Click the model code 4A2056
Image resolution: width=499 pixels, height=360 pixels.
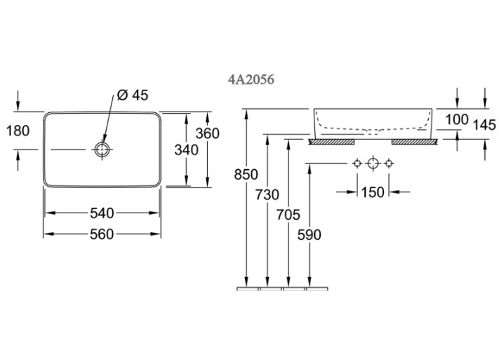click(251, 79)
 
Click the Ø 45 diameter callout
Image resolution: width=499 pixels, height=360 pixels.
click(133, 95)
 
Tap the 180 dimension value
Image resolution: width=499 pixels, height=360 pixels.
click(18, 131)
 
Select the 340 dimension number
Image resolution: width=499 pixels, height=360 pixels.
click(187, 150)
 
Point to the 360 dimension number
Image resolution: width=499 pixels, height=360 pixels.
click(208, 133)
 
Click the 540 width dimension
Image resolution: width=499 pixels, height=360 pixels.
click(102, 213)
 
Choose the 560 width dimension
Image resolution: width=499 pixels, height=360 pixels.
click(102, 234)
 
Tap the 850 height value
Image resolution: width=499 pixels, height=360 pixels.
click(246, 175)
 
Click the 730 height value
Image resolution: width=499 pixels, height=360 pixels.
click(267, 194)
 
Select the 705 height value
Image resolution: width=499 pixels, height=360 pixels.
click(288, 215)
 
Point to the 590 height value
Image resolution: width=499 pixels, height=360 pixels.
click(310, 235)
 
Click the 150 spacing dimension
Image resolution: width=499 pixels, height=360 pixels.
click(373, 192)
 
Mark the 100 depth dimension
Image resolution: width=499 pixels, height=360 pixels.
click(457, 120)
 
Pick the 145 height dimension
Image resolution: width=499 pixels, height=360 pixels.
click(484, 125)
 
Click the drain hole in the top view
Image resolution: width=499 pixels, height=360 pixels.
click(102, 149)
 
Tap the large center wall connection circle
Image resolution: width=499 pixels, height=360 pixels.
click(373, 164)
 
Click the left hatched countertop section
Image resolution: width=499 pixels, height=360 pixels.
click(331, 142)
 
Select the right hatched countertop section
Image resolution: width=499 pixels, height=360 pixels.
click(414, 142)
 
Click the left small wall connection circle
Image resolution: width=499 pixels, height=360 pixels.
click(357, 164)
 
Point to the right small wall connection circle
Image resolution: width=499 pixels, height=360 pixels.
click(388, 164)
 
